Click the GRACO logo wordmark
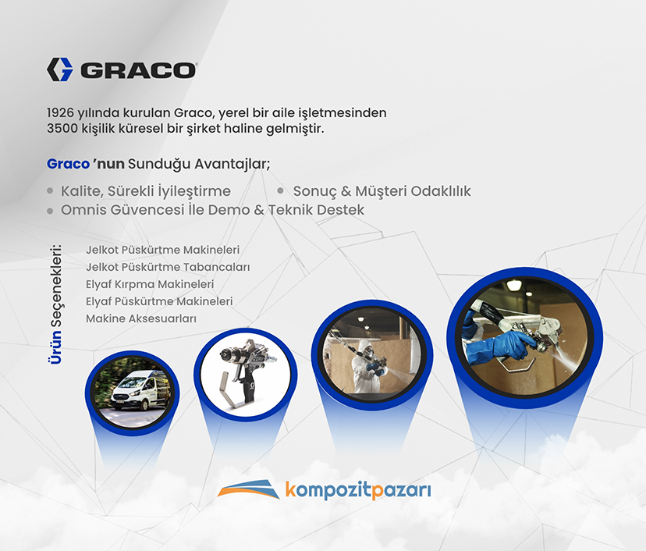(138, 70)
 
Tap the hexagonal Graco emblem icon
(59, 69)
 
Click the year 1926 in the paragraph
(60, 112)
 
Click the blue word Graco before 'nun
(68, 164)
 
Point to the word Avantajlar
(232, 164)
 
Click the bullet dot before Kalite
(50, 190)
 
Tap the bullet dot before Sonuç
(281, 190)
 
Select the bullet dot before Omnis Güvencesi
(50, 211)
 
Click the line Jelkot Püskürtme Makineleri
(163, 250)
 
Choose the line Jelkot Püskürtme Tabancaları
(168, 267)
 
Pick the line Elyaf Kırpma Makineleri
(150, 284)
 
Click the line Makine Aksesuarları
(141, 318)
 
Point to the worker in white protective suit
(366, 364)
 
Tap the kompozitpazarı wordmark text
(357, 490)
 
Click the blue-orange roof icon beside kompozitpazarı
(248, 489)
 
